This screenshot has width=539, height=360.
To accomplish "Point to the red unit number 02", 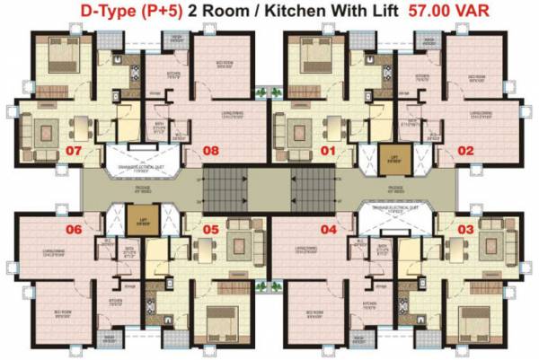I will [464, 151].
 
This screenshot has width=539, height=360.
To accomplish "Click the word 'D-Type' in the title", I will [97, 13].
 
